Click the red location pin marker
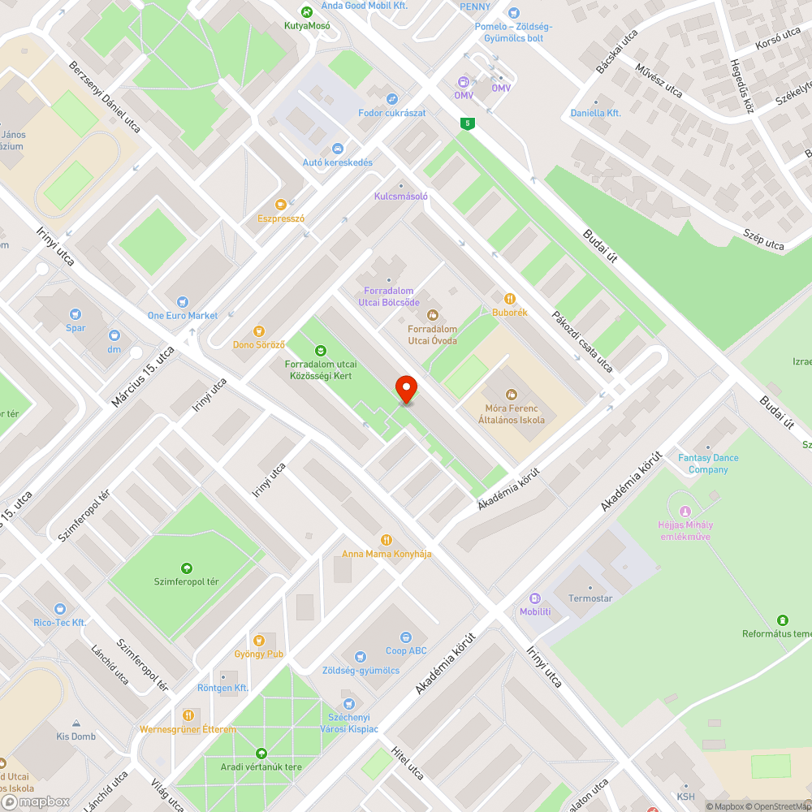click(405, 389)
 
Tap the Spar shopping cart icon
click(76, 313)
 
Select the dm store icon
click(114, 335)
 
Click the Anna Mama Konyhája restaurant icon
click(387, 539)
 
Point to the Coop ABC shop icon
click(407, 637)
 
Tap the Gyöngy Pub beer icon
click(259, 639)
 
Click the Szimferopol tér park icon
click(186, 568)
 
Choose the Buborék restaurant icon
click(510, 298)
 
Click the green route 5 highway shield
click(466, 123)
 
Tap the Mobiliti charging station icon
click(535, 598)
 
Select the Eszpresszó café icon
click(281, 204)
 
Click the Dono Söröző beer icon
click(259, 330)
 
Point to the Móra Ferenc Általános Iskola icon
click(511, 395)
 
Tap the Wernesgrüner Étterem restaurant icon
click(188, 715)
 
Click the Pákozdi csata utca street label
click(582, 341)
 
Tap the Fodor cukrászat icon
click(392, 99)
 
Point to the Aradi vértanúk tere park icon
click(261, 753)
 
